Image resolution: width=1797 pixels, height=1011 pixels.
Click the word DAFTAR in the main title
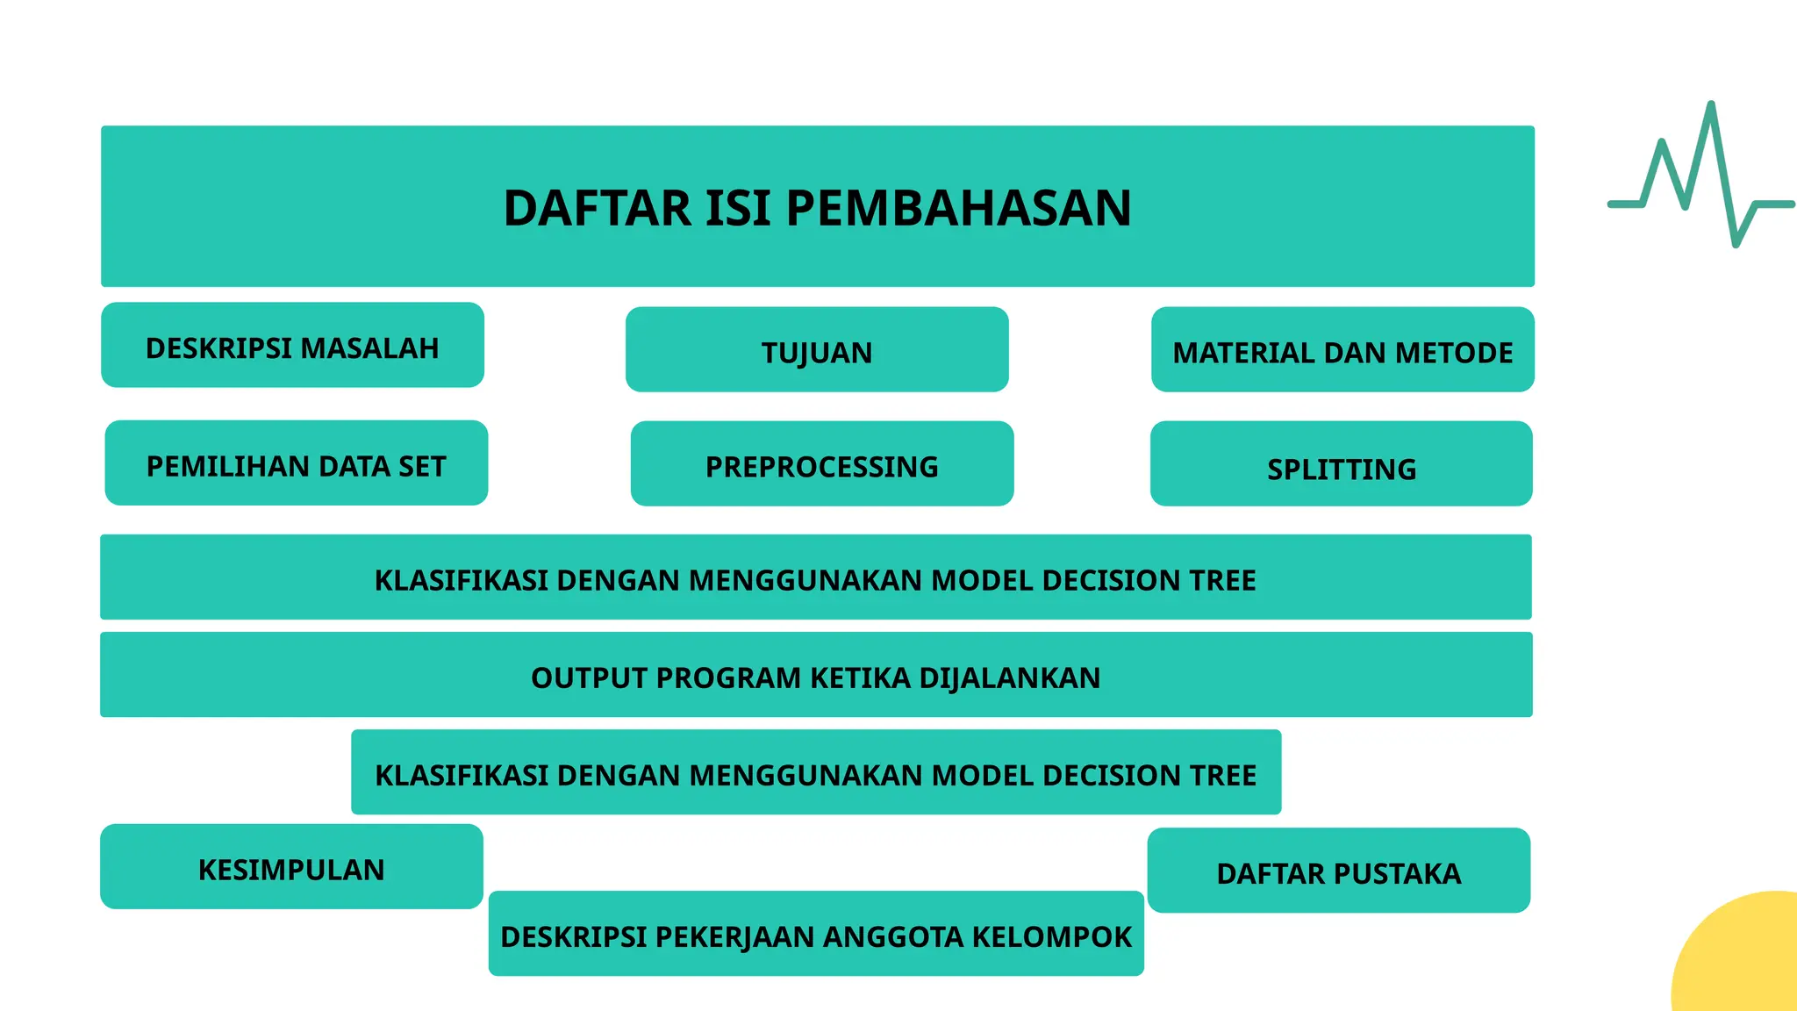click(598, 209)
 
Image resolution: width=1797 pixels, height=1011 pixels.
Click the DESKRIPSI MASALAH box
click(292, 346)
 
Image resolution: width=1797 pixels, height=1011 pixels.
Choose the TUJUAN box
click(817, 350)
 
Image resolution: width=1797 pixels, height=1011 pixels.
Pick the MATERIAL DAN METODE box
click(1342, 350)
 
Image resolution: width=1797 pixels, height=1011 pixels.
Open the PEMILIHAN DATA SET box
click(297, 463)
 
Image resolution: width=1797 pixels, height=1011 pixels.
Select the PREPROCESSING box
click(822, 464)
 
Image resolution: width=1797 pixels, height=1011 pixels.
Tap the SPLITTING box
click(1342, 464)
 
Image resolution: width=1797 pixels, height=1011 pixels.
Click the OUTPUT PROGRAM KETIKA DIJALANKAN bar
click(816, 675)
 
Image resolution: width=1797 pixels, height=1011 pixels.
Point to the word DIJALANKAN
click(1009, 678)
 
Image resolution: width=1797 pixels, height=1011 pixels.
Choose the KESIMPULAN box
click(291, 867)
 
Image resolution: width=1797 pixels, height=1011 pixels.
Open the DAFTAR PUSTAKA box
click(1339, 871)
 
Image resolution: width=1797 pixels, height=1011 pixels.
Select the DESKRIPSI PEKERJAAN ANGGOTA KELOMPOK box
click(816, 934)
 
